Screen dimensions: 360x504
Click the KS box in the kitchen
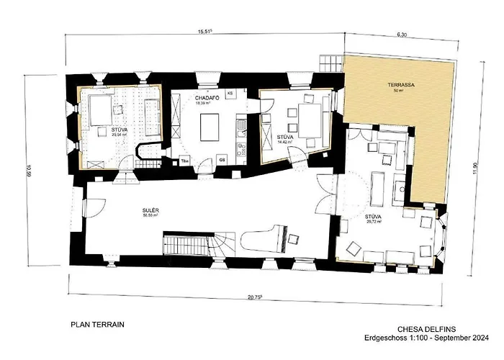pos(230,94)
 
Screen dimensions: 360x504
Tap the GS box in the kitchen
pos(222,158)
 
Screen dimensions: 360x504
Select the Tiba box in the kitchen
pos(185,159)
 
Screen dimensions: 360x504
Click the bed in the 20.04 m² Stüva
pos(101,112)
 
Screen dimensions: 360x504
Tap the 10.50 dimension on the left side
pos(29,171)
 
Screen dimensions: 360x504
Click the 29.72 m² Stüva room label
pos(372,217)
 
